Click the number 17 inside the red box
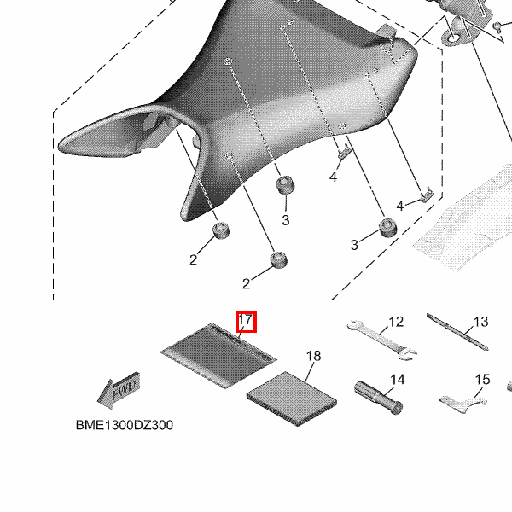246,319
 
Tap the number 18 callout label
313,356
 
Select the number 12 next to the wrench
396,322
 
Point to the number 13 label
480,322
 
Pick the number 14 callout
398,380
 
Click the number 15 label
482,380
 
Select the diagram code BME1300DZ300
125,425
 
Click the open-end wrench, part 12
382,340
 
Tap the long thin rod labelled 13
457,332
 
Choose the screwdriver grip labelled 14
378,398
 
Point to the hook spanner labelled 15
463,404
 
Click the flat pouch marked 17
218,356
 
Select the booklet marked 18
292,399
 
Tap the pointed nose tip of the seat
60,146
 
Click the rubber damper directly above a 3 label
285,185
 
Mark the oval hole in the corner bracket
453,38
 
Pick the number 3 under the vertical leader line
286,220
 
